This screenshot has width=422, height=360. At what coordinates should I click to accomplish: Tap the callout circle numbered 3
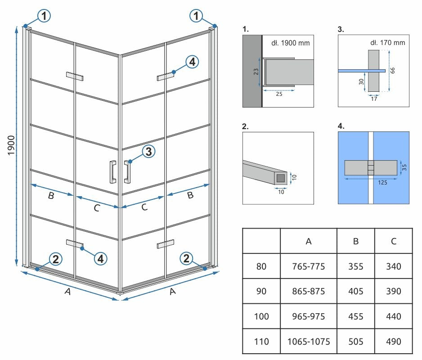coord(148,152)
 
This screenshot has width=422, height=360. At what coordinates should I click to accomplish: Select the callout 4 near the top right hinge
coord(192,62)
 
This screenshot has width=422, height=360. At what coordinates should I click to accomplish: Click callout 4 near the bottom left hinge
coord(101,258)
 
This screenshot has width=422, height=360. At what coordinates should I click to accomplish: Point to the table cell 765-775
coord(309,266)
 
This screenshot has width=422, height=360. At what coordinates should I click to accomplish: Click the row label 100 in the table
coord(261,316)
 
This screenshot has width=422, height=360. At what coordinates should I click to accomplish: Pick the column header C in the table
coord(394,241)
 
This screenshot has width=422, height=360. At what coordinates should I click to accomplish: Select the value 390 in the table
coord(394,291)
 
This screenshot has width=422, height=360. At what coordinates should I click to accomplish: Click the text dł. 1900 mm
coord(290,43)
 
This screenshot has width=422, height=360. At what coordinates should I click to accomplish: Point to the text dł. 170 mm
coord(387,43)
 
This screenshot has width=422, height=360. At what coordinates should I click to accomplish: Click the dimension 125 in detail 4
coord(371,183)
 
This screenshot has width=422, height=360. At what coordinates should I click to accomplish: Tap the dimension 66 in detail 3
coord(392,71)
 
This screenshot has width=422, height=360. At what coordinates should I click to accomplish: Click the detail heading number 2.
coord(245,126)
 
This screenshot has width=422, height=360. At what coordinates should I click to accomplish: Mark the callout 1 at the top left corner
coord(44,17)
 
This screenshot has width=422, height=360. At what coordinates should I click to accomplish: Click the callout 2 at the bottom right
coord(186,259)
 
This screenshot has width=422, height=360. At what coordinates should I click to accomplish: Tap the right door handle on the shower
coord(127,171)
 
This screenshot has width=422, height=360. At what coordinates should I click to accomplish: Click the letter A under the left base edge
coord(67,292)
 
